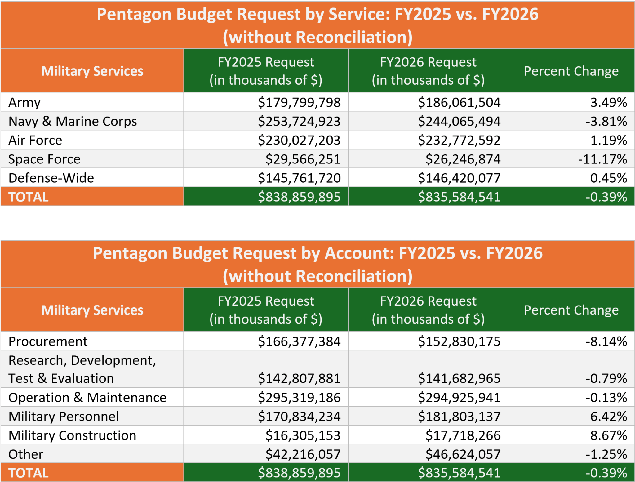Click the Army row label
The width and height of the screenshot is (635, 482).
[x=24, y=102]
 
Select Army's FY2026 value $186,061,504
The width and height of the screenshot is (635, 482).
[x=459, y=102]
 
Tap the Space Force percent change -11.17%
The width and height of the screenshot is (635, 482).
[x=602, y=159]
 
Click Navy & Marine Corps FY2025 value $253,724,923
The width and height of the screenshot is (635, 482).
[x=299, y=121]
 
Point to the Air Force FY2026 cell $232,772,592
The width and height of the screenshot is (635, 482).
[x=459, y=140]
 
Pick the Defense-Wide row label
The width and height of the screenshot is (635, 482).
[x=51, y=178]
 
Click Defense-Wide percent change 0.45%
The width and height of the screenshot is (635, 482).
[x=608, y=178]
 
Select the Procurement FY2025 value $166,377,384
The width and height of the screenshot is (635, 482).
[x=299, y=341]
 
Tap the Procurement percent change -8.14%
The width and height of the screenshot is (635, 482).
[x=606, y=341]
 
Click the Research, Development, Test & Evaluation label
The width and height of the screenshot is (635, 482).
[x=82, y=369]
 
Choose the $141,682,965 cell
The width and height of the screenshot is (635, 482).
[x=459, y=378]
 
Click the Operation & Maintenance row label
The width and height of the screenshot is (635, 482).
[x=87, y=398]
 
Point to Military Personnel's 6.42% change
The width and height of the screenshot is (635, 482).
[x=608, y=417]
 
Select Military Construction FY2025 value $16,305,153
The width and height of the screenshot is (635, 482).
[x=303, y=435]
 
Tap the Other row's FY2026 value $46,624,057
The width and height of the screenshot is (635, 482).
[x=463, y=454]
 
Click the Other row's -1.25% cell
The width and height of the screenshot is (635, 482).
[x=606, y=454]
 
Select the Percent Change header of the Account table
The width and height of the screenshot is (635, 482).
[x=571, y=310]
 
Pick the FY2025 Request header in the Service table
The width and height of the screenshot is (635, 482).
[x=266, y=71]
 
